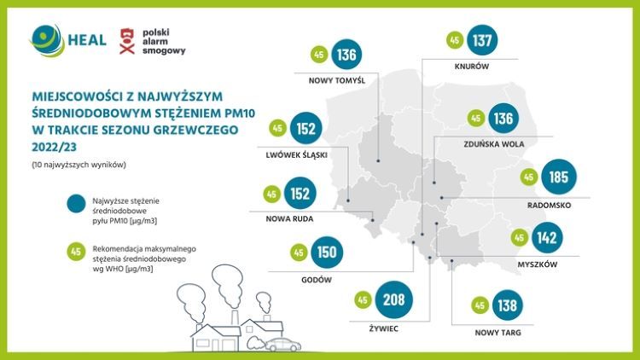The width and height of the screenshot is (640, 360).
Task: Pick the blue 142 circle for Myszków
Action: pos(548,237)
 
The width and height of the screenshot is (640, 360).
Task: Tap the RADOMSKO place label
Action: pos(550,206)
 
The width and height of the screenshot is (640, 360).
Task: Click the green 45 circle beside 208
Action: pos(362,300)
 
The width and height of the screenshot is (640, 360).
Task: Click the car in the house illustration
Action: pos(282,344)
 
